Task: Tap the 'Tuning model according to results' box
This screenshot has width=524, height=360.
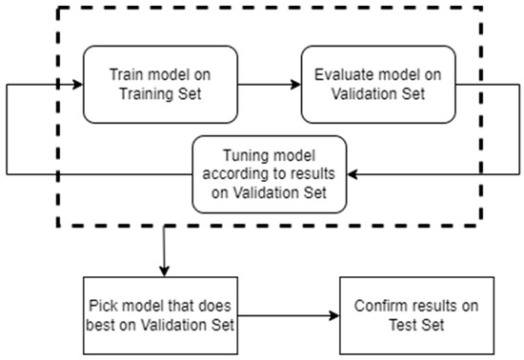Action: pyautogui.click(x=268, y=174)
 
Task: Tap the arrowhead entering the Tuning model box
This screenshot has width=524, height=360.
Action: pyautogui.click(x=351, y=174)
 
